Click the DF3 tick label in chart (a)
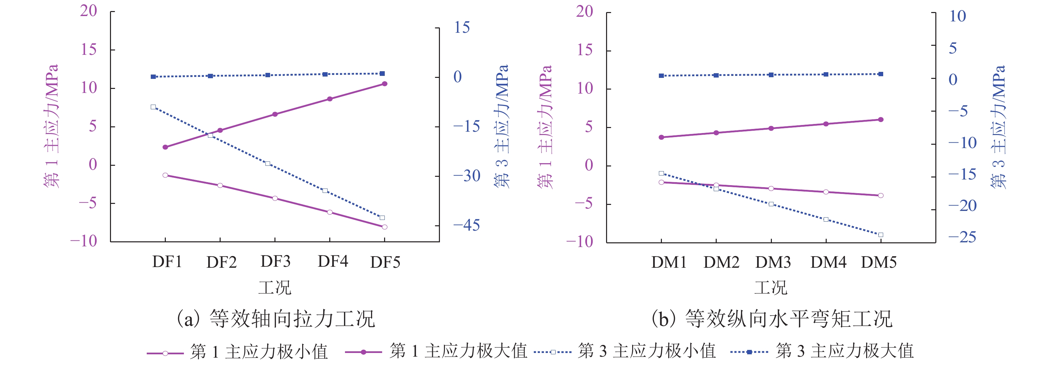(x=275, y=262)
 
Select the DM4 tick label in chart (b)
(x=828, y=262)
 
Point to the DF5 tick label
(x=385, y=262)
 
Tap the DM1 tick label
(x=669, y=262)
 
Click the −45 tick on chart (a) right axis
(x=466, y=225)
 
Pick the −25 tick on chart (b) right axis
(x=962, y=237)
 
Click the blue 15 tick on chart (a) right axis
(x=462, y=28)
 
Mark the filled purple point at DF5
(x=385, y=84)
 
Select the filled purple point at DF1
(x=165, y=147)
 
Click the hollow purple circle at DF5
(x=385, y=227)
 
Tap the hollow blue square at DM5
(x=881, y=235)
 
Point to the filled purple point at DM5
(x=881, y=120)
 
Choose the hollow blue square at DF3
(x=268, y=163)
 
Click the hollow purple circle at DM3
(x=771, y=189)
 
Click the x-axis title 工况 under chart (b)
(x=771, y=287)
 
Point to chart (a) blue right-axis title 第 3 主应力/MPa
(x=501, y=126)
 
